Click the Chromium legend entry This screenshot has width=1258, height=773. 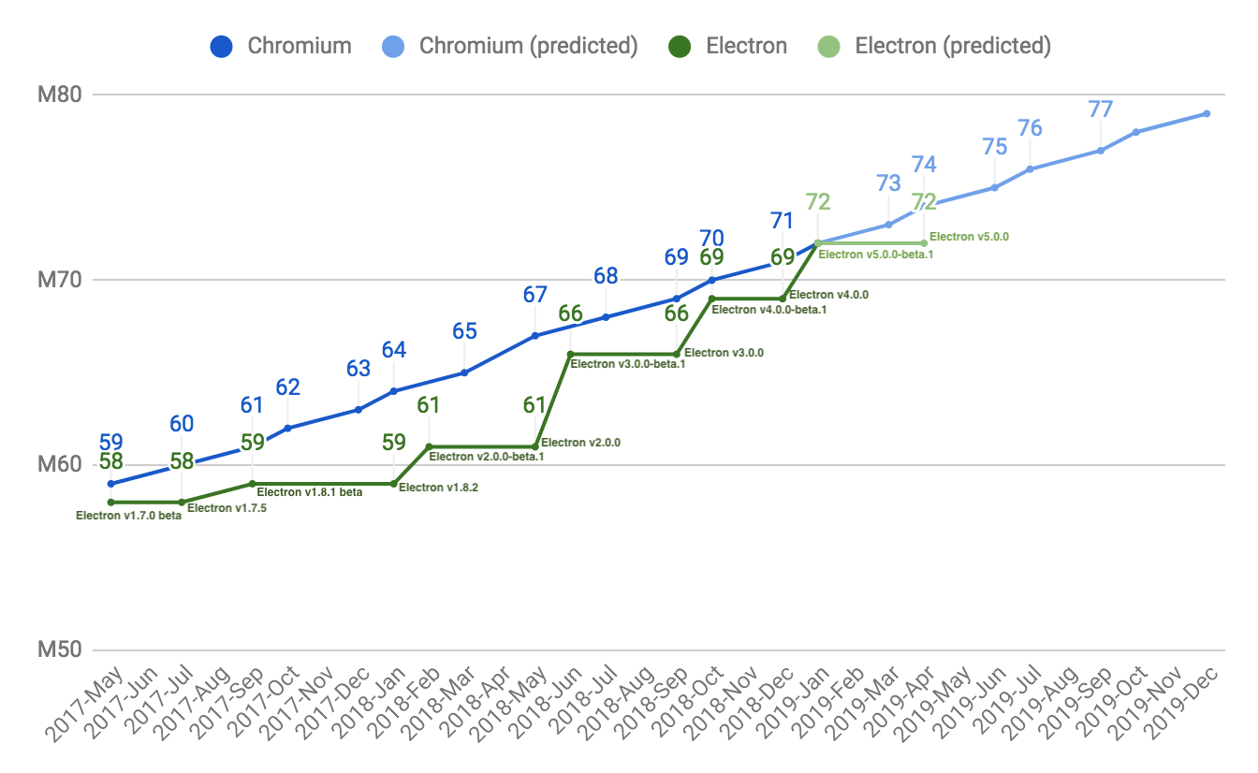tap(281, 45)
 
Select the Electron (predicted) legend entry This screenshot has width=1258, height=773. tap(939, 45)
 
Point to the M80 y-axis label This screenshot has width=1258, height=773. tap(61, 95)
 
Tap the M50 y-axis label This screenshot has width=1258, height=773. tap(61, 649)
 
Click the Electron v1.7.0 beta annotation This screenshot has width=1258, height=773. tap(128, 516)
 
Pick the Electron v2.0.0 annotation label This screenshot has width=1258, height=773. tap(581, 443)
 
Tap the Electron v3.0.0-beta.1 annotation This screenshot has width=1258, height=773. tap(628, 365)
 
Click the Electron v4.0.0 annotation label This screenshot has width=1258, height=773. tap(828, 295)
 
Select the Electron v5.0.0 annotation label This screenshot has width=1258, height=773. tap(969, 237)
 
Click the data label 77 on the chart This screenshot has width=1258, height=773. tap(1101, 109)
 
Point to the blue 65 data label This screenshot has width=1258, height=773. tap(464, 330)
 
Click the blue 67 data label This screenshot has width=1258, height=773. tap(534, 295)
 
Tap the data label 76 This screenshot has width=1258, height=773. tap(1030, 127)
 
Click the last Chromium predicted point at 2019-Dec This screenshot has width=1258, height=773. tap(1207, 113)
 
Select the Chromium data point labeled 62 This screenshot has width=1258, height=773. tap(287, 428)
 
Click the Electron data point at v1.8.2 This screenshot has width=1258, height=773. tap(393, 484)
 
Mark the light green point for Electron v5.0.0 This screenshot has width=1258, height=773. tap(924, 243)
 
